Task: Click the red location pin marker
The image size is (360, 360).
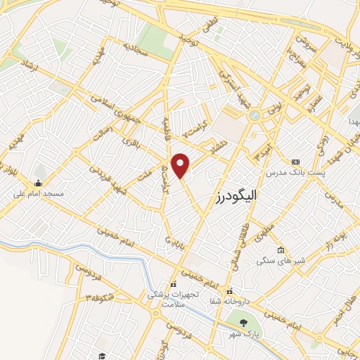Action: point(181,165)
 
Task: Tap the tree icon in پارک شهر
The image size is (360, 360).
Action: point(243,323)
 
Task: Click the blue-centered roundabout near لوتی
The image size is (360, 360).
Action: point(255,115)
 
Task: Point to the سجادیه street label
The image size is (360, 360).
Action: point(138,48)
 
